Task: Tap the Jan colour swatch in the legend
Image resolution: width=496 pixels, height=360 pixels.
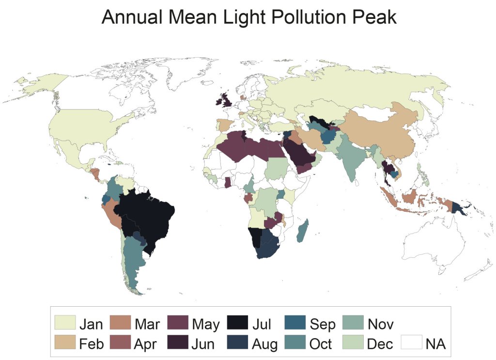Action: coord(65,323)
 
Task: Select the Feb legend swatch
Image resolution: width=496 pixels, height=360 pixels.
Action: coord(65,344)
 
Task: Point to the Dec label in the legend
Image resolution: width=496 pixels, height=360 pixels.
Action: coord(380,344)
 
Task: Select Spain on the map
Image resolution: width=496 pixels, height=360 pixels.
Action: coord(224,125)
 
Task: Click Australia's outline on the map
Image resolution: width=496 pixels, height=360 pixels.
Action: coord(431,242)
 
